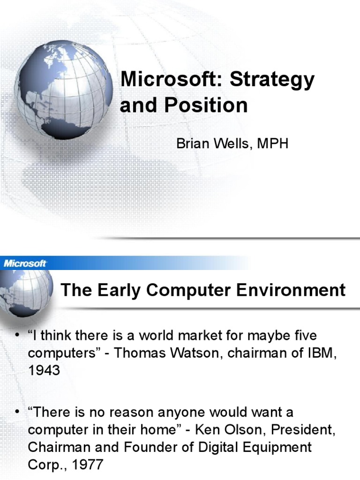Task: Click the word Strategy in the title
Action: (272, 80)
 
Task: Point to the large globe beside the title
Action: (63, 90)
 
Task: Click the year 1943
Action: (44, 370)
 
